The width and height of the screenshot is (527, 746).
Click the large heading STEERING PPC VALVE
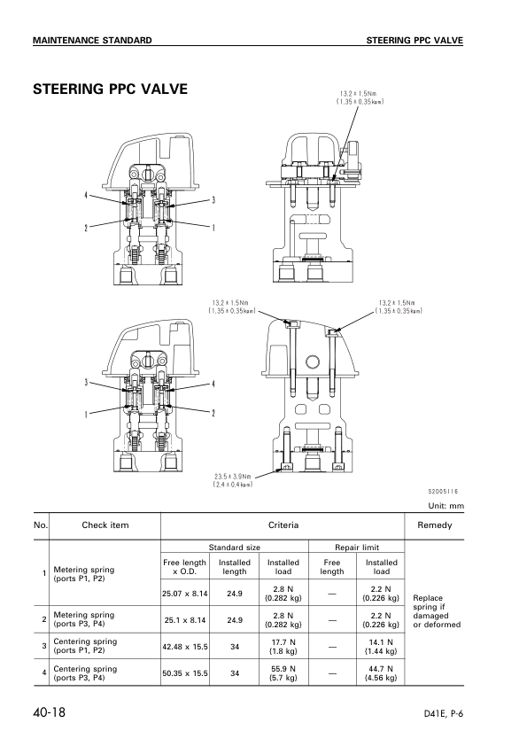[110, 89]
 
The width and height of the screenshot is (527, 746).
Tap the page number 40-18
[50, 711]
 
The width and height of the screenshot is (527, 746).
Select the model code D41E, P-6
[443, 713]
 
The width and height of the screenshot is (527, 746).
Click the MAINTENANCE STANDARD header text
[92, 41]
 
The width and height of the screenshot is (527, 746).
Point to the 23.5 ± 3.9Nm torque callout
[234, 479]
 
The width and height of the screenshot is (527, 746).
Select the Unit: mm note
[446, 506]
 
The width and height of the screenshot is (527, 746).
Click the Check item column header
[105, 525]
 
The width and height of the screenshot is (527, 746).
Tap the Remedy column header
[434, 525]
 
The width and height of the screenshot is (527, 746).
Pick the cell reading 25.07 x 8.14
[185, 594]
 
